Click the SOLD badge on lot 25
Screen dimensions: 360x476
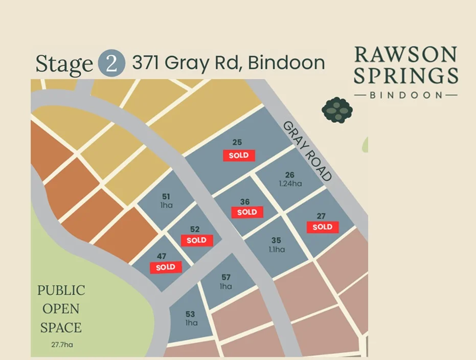239,155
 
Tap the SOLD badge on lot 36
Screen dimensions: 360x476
247,212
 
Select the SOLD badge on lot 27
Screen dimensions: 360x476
323,227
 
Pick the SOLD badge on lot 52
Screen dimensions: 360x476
197,240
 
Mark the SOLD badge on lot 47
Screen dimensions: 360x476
166,267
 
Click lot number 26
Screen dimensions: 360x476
290,175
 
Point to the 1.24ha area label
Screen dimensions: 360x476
290,183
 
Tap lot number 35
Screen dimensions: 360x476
276,240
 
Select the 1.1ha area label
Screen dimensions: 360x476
276,250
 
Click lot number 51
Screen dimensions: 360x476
166,196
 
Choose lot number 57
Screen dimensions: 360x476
226,278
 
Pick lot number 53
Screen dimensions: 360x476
191,314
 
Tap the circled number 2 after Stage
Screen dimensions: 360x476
110,63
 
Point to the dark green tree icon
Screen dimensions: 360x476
337,109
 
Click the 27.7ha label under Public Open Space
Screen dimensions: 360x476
61,345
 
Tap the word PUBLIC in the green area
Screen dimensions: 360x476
61,290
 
